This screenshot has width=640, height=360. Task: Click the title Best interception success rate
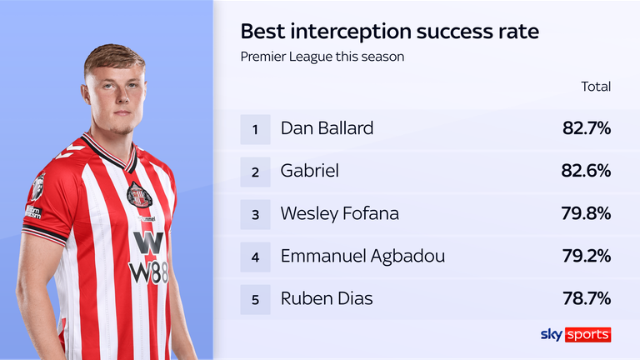pyautogui.click(x=389, y=32)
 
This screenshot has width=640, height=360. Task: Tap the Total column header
pyautogui.click(x=596, y=87)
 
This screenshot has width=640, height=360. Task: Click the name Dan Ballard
pyautogui.click(x=327, y=128)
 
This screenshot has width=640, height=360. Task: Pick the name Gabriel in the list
pyautogui.click(x=309, y=171)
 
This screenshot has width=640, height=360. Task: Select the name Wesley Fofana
pyautogui.click(x=339, y=213)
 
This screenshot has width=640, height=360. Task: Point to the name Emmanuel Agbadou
pyautogui.click(x=362, y=256)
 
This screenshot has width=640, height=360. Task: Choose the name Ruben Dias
pyautogui.click(x=325, y=298)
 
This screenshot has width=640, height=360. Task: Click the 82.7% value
pyautogui.click(x=586, y=128)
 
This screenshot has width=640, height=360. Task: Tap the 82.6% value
pyautogui.click(x=586, y=171)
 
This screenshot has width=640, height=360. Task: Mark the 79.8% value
pyautogui.click(x=586, y=213)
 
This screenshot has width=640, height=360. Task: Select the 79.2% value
pyautogui.click(x=586, y=256)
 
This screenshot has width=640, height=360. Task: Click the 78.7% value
pyautogui.click(x=586, y=298)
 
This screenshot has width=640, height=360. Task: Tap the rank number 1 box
pyautogui.click(x=256, y=128)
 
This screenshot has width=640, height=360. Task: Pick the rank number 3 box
pyautogui.click(x=256, y=213)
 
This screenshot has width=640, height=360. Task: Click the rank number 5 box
pyautogui.click(x=256, y=298)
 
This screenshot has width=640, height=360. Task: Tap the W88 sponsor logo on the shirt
pyautogui.click(x=148, y=257)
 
